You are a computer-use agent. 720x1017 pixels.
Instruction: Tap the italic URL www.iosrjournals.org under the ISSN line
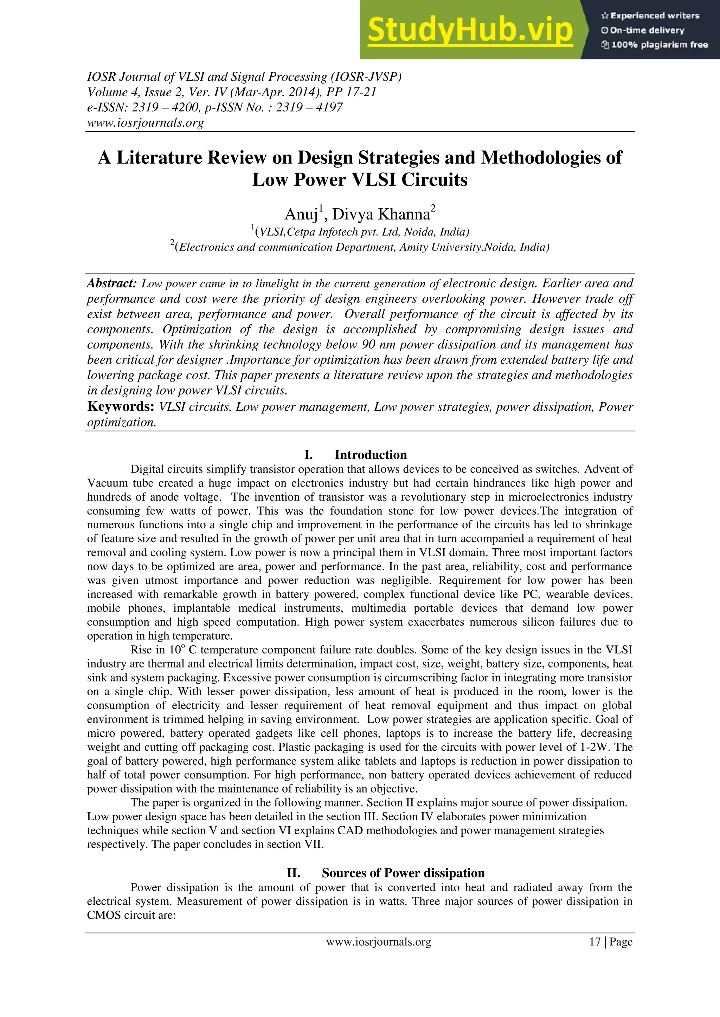pos(145,123)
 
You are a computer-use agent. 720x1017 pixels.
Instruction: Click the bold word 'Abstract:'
pos(112,283)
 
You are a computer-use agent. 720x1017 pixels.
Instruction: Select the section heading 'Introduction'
pos(370,455)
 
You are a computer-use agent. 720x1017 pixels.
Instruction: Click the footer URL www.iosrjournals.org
pos(379,942)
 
